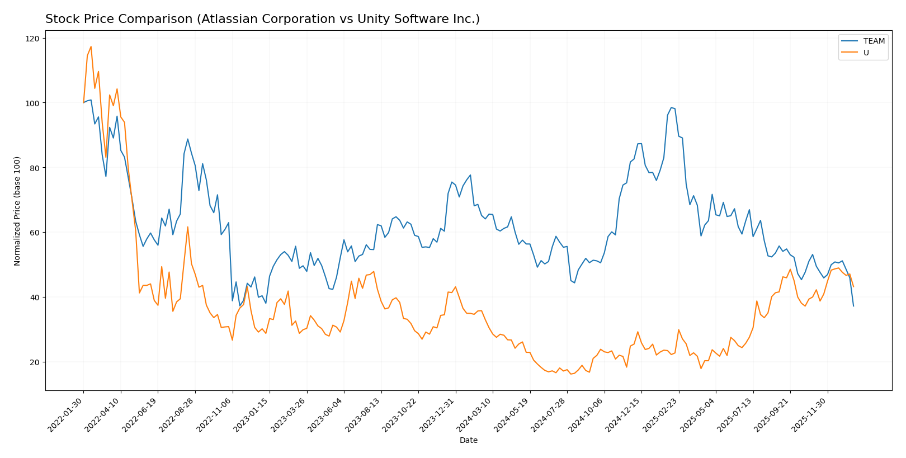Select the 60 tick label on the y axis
[35, 233]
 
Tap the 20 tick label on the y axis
[35, 362]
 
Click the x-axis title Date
[468, 441]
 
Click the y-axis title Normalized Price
[17, 211]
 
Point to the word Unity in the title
[360, 20]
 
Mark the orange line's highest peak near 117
[91, 46]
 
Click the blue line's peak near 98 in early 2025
[671, 107]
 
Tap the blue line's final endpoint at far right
[853, 306]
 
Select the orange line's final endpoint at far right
[853, 287]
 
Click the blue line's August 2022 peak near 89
[187, 139]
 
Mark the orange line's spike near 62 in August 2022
[187, 226]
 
